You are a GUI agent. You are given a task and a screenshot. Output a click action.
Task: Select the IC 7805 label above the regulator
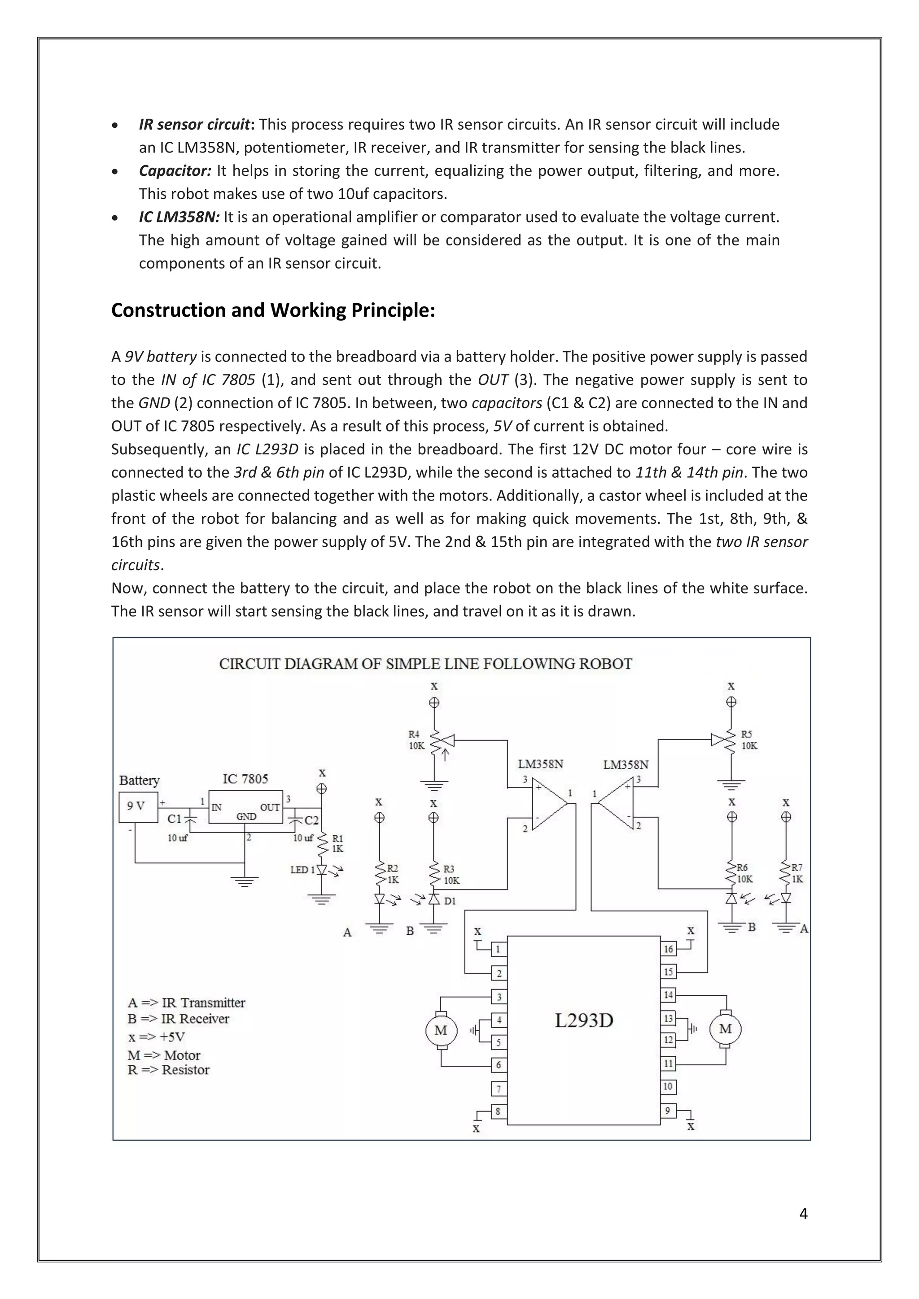[x=245, y=779]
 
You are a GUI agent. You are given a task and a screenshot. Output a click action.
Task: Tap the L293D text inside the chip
[x=583, y=1020]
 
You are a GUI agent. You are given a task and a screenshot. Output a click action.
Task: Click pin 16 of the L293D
[x=668, y=949]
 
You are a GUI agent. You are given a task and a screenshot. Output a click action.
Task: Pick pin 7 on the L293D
[x=498, y=1089]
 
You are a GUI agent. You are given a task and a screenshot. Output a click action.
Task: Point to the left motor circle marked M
[x=441, y=1030]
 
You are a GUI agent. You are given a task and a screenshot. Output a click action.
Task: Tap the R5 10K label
[x=748, y=740]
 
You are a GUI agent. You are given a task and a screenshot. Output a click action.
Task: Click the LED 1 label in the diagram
[x=299, y=870]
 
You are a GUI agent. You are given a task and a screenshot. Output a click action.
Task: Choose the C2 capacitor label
[x=311, y=820]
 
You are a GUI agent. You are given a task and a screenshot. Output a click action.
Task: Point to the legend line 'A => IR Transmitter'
[x=186, y=1003]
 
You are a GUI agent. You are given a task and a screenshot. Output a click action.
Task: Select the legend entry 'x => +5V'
[x=156, y=1037]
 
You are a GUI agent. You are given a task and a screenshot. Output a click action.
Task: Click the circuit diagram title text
[x=425, y=664]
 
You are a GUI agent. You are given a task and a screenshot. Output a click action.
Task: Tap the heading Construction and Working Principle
[x=273, y=310]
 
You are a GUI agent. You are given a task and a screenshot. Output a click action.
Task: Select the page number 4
[x=803, y=1214]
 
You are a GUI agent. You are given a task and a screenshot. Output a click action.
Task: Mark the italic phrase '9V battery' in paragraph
[x=160, y=357]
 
